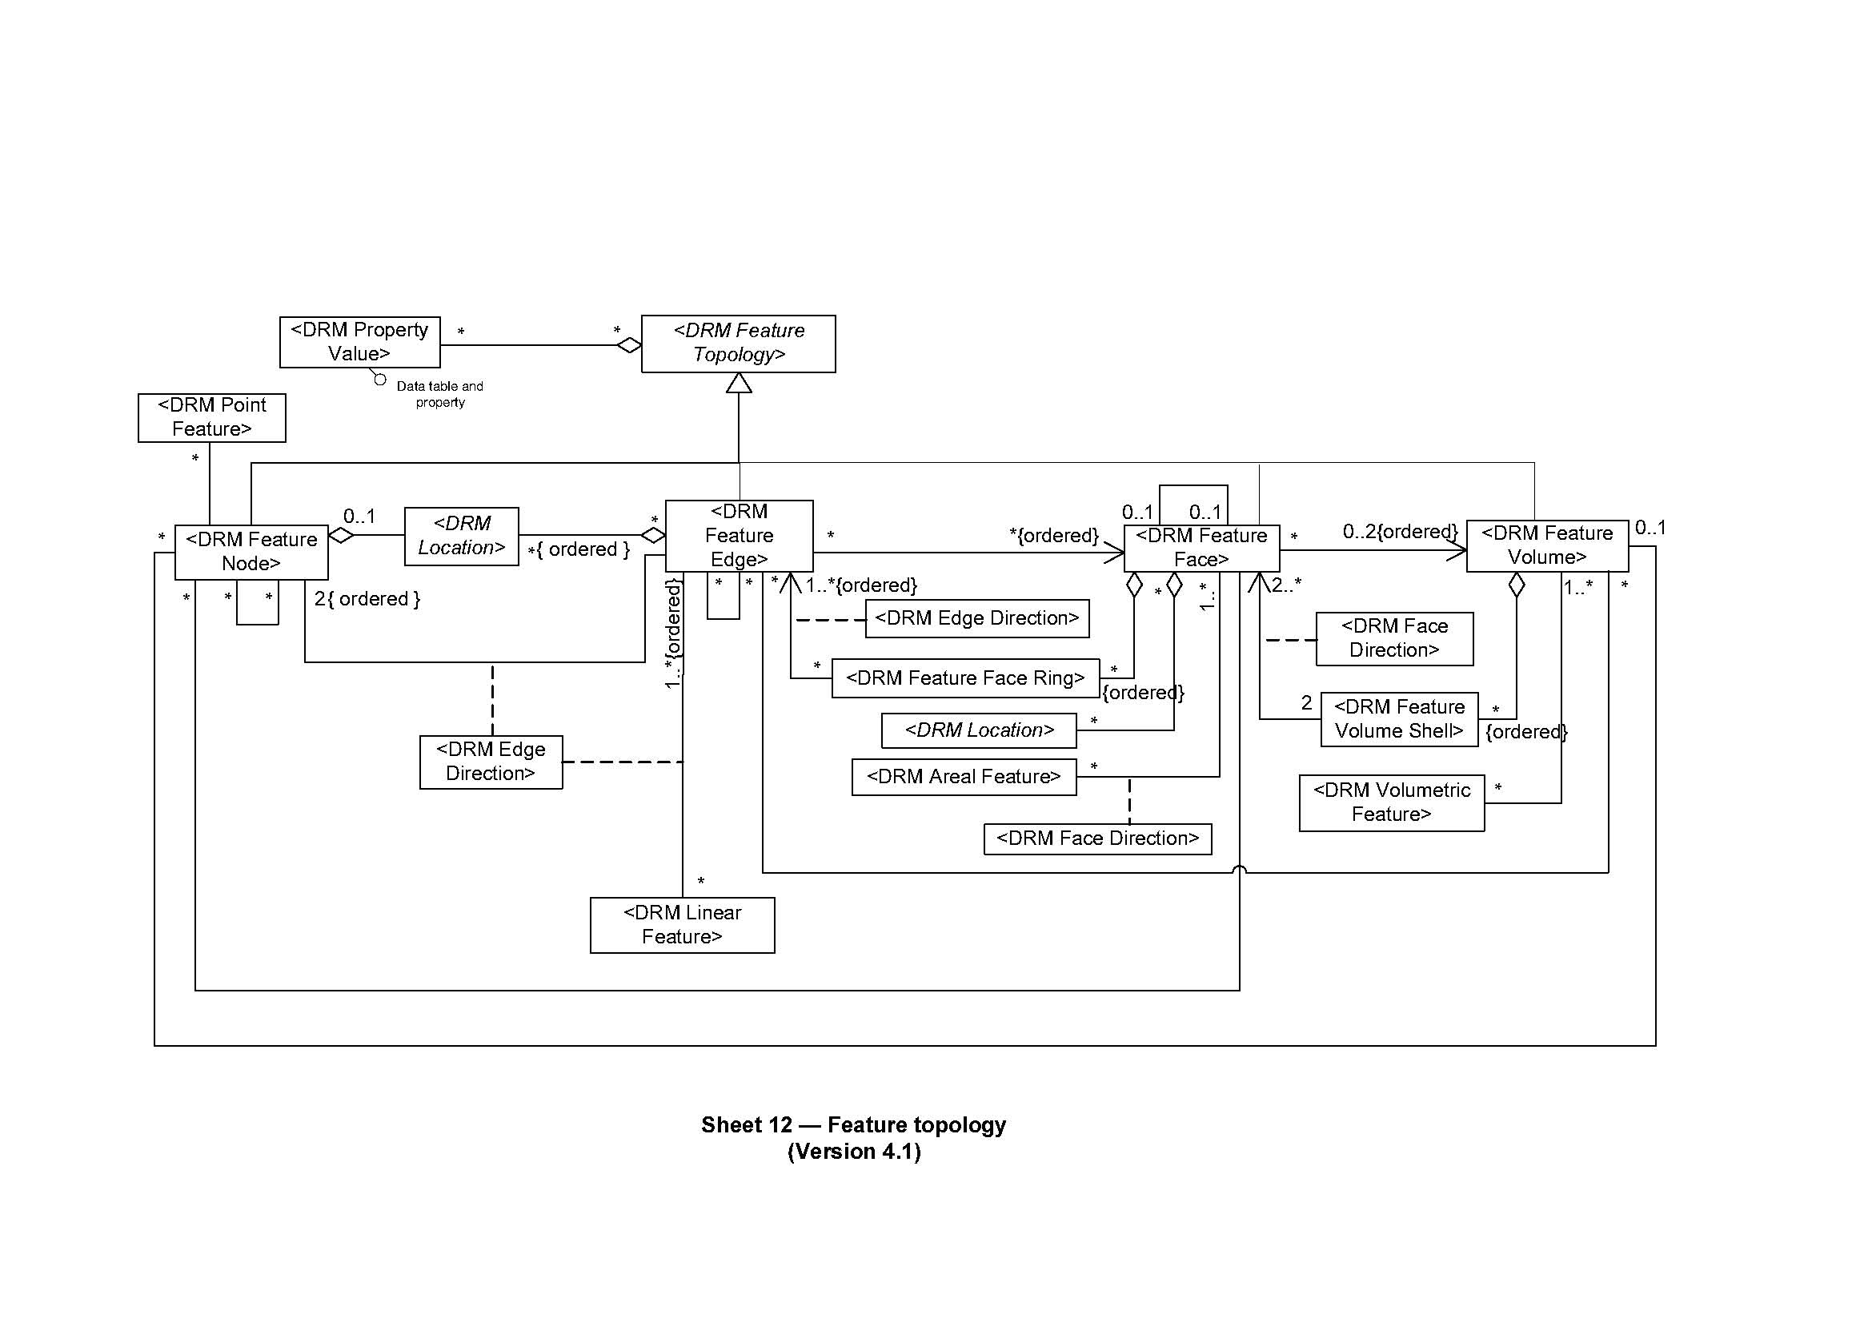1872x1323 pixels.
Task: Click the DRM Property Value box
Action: pyautogui.click(x=359, y=342)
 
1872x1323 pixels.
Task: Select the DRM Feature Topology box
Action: pyautogui.click(x=738, y=344)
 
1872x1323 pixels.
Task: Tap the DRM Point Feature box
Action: pyautogui.click(x=212, y=417)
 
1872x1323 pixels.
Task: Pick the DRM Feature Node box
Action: pyautogui.click(x=251, y=552)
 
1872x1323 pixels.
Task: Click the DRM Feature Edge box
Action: pyautogui.click(x=739, y=535)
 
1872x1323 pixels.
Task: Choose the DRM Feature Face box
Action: pyautogui.click(x=1201, y=547)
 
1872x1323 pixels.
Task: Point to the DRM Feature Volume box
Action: pyautogui.click(x=1547, y=545)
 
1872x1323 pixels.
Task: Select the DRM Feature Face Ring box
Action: pyautogui.click(x=965, y=678)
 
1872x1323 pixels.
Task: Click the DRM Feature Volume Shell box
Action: pyautogui.click(x=1399, y=718)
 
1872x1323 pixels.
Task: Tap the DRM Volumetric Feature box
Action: pyautogui.click(x=1391, y=802)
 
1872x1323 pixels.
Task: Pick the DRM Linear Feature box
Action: pyautogui.click(x=682, y=925)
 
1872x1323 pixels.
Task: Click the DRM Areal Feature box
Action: pyautogui.click(x=964, y=777)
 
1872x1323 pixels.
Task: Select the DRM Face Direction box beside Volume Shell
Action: pyautogui.click(x=1394, y=638)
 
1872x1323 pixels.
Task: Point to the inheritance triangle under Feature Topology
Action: pyautogui.click(x=739, y=384)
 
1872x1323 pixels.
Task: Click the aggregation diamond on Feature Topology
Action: pyautogui.click(x=629, y=345)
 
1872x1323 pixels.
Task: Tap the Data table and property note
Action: pyautogui.click(x=439, y=394)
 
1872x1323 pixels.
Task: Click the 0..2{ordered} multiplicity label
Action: pyautogui.click(x=1400, y=532)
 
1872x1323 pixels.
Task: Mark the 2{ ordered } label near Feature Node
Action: pyautogui.click(x=367, y=599)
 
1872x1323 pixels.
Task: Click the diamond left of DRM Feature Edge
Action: pyautogui.click(x=653, y=536)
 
